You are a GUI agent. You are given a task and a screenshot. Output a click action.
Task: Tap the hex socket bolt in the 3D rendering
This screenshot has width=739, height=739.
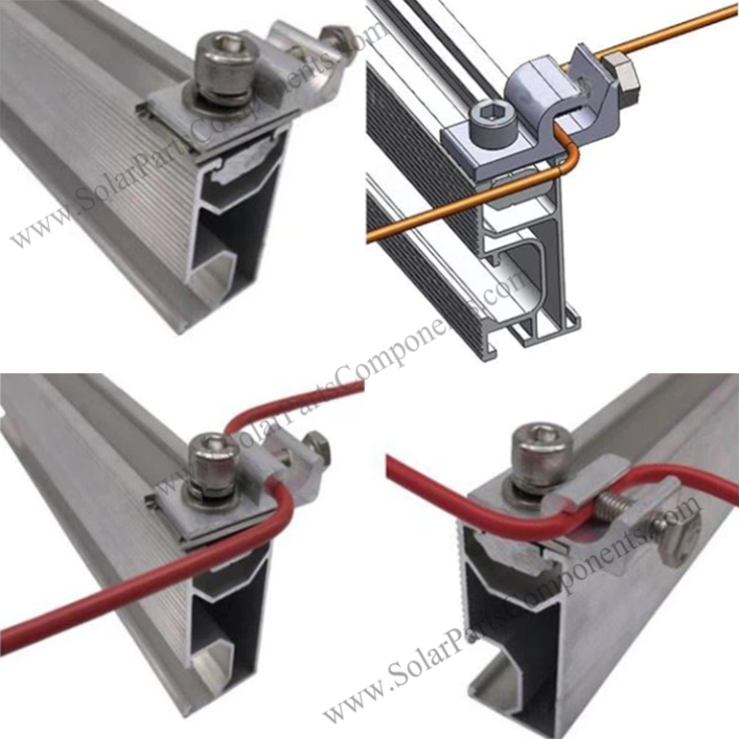482,120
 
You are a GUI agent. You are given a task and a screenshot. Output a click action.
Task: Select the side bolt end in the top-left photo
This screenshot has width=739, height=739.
337,38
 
